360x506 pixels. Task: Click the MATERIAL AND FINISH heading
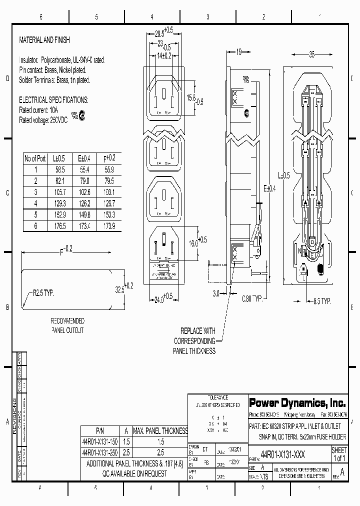[x=44, y=40]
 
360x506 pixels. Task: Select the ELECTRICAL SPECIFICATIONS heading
[x=53, y=100]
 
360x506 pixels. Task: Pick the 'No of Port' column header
[x=35, y=158]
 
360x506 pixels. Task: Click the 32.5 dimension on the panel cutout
[x=120, y=289]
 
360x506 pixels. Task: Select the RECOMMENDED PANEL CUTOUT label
[x=67, y=325]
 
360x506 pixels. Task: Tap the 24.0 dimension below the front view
[x=162, y=299]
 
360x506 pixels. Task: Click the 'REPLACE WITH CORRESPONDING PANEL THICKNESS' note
[x=194, y=341]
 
